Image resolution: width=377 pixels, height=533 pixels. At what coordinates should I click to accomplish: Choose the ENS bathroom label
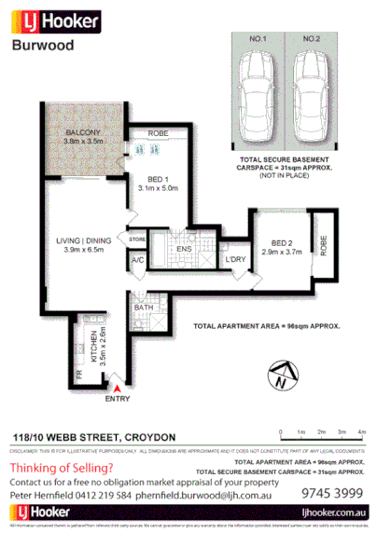click(184, 250)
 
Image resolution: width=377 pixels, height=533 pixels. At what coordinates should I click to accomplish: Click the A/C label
click(137, 261)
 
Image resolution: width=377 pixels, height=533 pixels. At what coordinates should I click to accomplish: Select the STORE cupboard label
click(137, 239)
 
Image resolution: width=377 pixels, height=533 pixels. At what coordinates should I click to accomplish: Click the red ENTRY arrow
click(117, 384)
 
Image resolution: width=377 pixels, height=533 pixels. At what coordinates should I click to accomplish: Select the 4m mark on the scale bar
click(363, 432)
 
